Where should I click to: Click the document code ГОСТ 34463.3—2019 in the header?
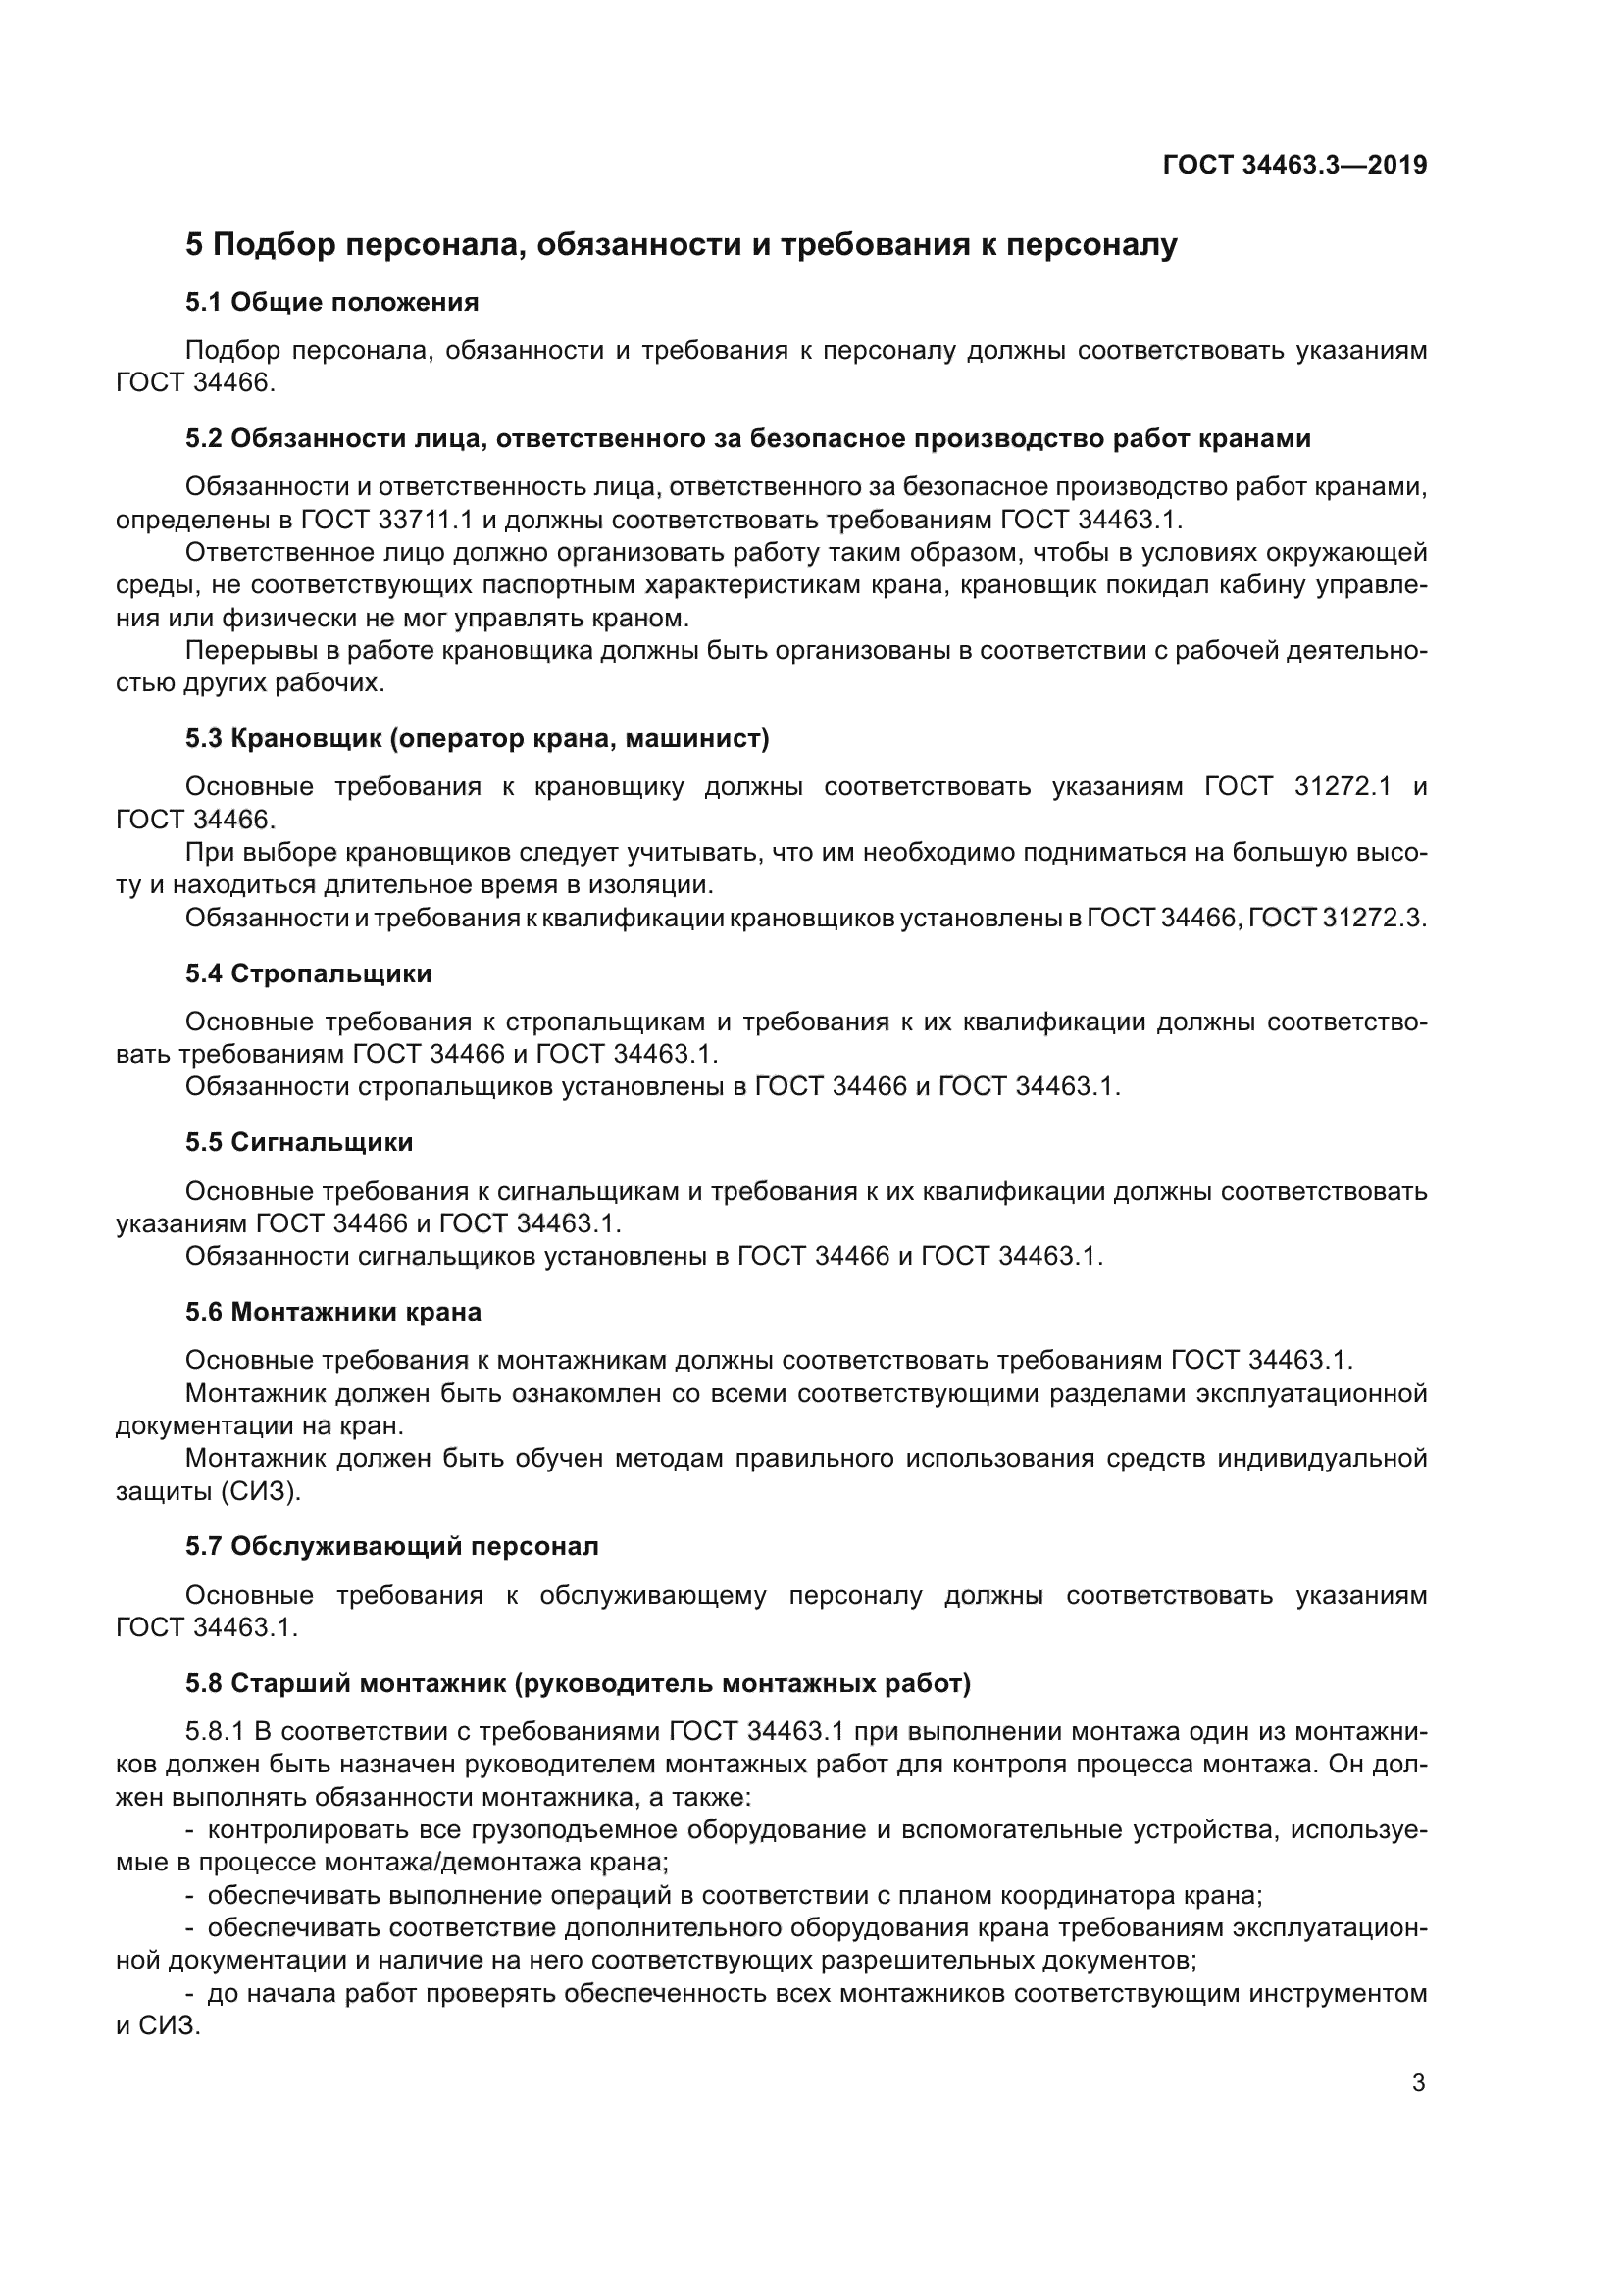click(1294, 166)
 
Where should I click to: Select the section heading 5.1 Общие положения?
click(331, 303)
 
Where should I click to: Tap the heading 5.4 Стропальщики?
click(309, 973)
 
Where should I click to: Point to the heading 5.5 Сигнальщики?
click(299, 1142)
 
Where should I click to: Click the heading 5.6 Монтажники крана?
click(332, 1313)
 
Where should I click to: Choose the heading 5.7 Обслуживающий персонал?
click(391, 1547)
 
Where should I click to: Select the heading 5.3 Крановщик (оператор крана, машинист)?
click(477, 739)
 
